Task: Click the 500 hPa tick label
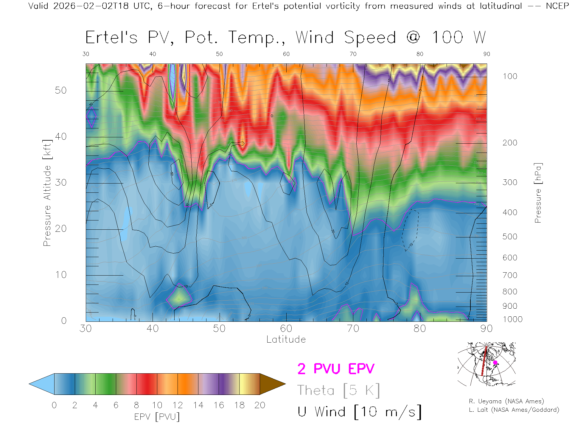click(x=510, y=237)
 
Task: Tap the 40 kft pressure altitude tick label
click(x=60, y=136)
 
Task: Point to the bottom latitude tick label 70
click(x=353, y=329)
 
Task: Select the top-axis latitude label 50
click(x=219, y=54)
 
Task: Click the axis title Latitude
click(x=286, y=339)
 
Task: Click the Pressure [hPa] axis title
click(x=538, y=193)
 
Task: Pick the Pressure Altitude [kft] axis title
click(x=47, y=193)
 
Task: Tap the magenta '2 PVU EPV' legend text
click(x=336, y=369)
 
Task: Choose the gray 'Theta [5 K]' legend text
click(x=338, y=390)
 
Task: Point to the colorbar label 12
click(x=178, y=405)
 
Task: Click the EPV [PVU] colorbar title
click(x=157, y=417)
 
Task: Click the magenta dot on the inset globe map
click(x=495, y=363)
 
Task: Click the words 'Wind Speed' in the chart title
click(x=346, y=38)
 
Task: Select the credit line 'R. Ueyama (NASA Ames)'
click(x=506, y=401)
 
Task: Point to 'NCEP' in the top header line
click(x=557, y=6)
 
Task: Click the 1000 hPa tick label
click(x=512, y=319)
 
